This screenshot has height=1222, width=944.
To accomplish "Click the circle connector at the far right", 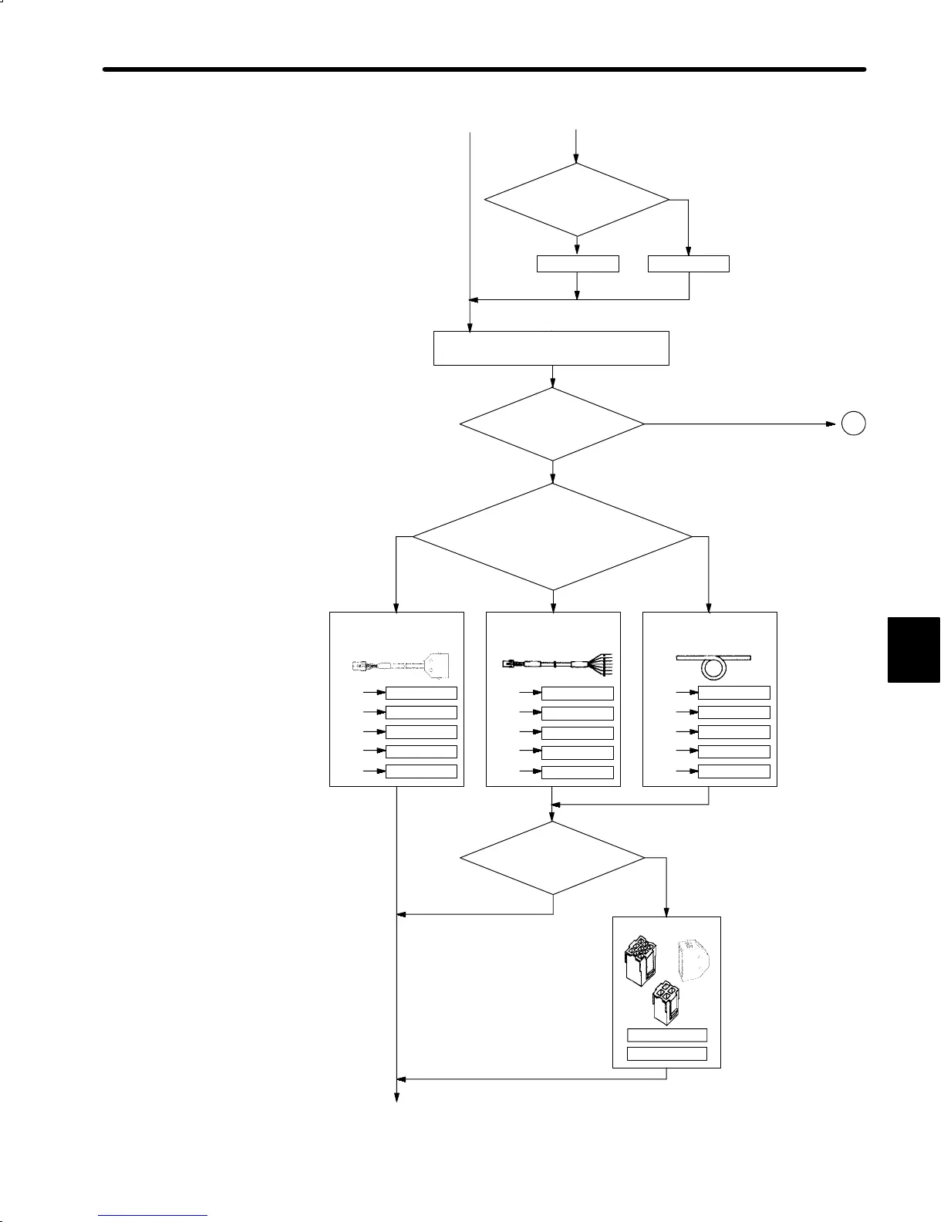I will click(x=853, y=424).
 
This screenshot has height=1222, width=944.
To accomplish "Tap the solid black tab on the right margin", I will click(x=914, y=650).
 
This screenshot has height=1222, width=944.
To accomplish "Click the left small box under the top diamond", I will click(x=578, y=264).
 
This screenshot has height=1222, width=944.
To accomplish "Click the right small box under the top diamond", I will click(x=688, y=264).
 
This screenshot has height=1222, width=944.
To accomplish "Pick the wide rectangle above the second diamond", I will click(x=551, y=348).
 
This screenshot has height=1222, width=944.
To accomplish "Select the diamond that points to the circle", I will click(x=552, y=424).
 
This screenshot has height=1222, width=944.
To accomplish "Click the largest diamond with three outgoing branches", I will click(x=552, y=536).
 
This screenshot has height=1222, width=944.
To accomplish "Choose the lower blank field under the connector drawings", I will click(x=667, y=1054).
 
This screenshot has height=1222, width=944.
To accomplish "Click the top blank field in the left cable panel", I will click(x=421, y=693).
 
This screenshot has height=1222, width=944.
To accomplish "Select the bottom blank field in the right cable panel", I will click(x=733, y=771).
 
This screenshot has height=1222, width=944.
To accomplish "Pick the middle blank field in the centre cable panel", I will click(x=578, y=733).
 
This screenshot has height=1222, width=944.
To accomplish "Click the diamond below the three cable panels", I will click(x=552, y=858).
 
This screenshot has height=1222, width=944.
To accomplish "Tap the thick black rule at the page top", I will click(x=484, y=69).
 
